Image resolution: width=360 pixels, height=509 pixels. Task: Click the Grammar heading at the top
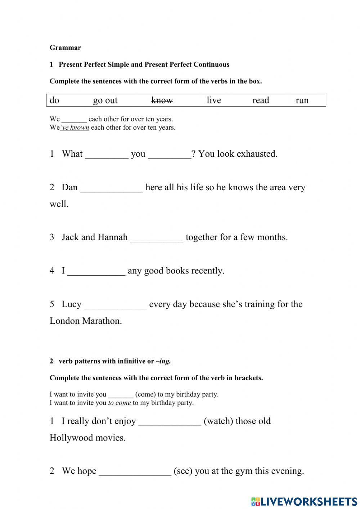click(65, 48)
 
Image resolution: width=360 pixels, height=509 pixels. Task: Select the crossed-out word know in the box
click(162, 100)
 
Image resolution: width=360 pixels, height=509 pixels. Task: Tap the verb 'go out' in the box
click(105, 100)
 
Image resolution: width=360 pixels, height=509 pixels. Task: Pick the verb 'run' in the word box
click(302, 100)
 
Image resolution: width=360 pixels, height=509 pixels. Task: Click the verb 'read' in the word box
click(260, 100)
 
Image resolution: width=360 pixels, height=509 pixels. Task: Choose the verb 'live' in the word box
click(213, 100)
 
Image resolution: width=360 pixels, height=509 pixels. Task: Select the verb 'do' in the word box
click(54, 100)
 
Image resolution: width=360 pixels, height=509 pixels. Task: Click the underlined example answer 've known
click(75, 128)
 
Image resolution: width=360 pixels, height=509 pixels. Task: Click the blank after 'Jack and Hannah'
click(157, 238)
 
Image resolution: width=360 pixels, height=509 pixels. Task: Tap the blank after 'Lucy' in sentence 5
click(115, 305)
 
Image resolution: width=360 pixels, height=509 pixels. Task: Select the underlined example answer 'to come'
click(119, 403)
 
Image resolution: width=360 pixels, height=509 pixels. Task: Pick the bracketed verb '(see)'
click(183, 471)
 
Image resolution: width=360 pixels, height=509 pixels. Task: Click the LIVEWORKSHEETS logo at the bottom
click(304, 501)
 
